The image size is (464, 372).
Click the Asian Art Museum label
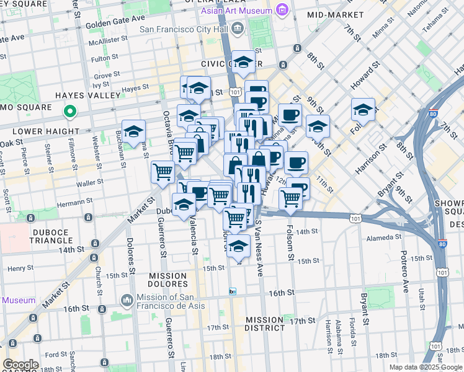click(x=236, y=11)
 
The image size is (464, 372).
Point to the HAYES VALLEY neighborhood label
click(x=87, y=95)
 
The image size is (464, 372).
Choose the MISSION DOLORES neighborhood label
click(x=167, y=275)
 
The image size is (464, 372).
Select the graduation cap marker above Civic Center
click(x=244, y=62)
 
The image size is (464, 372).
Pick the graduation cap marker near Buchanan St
click(x=133, y=131)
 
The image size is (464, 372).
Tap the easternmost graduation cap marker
click(x=363, y=110)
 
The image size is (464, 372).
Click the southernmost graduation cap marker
click(x=238, y=246)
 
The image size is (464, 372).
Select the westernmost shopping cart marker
click(x=163, y=172)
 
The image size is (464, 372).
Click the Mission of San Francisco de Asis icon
click(x=127, y=300)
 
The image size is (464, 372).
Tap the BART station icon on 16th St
click(x=233, y=291)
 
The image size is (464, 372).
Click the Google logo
click(x=20, y=365)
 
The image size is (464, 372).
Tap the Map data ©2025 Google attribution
click(x=425, y=367)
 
